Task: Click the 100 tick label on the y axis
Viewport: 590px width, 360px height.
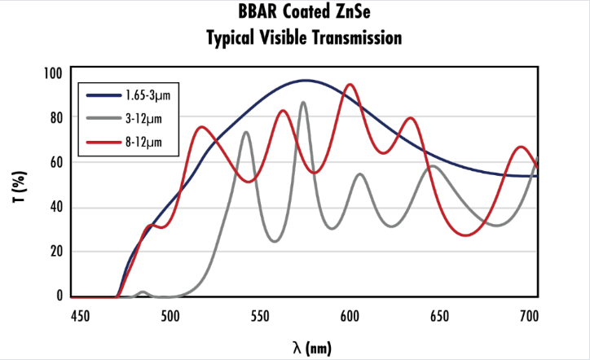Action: pos(53,73)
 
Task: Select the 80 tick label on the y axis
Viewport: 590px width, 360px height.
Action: pos(55,117)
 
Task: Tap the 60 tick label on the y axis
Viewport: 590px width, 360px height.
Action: pos(55,162)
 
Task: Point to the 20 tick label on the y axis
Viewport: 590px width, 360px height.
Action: pos(55,251)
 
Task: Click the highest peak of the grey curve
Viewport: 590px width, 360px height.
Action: pos(304,103)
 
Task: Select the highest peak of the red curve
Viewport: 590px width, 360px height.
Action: pos(350,85)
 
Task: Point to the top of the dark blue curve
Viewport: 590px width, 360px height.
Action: pos(306,81)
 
